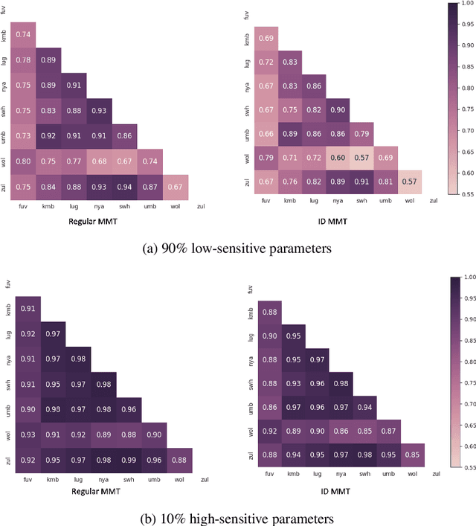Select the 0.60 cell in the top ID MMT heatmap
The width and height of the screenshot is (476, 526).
click(x=338, y=158)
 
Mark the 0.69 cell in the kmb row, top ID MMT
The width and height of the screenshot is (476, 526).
click(x=266, y=37)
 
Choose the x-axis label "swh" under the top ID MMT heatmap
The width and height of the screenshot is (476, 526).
click(x=362, y=200)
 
